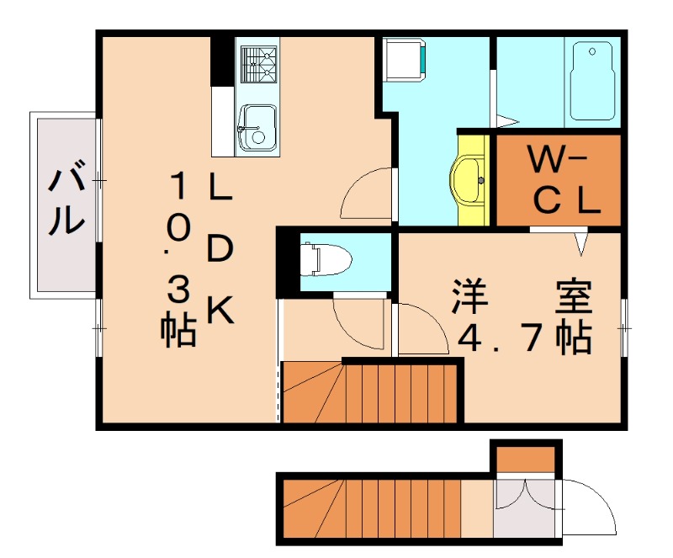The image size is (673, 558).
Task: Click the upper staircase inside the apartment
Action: point(370,392)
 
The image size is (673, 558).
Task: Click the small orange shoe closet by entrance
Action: point(524,460)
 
